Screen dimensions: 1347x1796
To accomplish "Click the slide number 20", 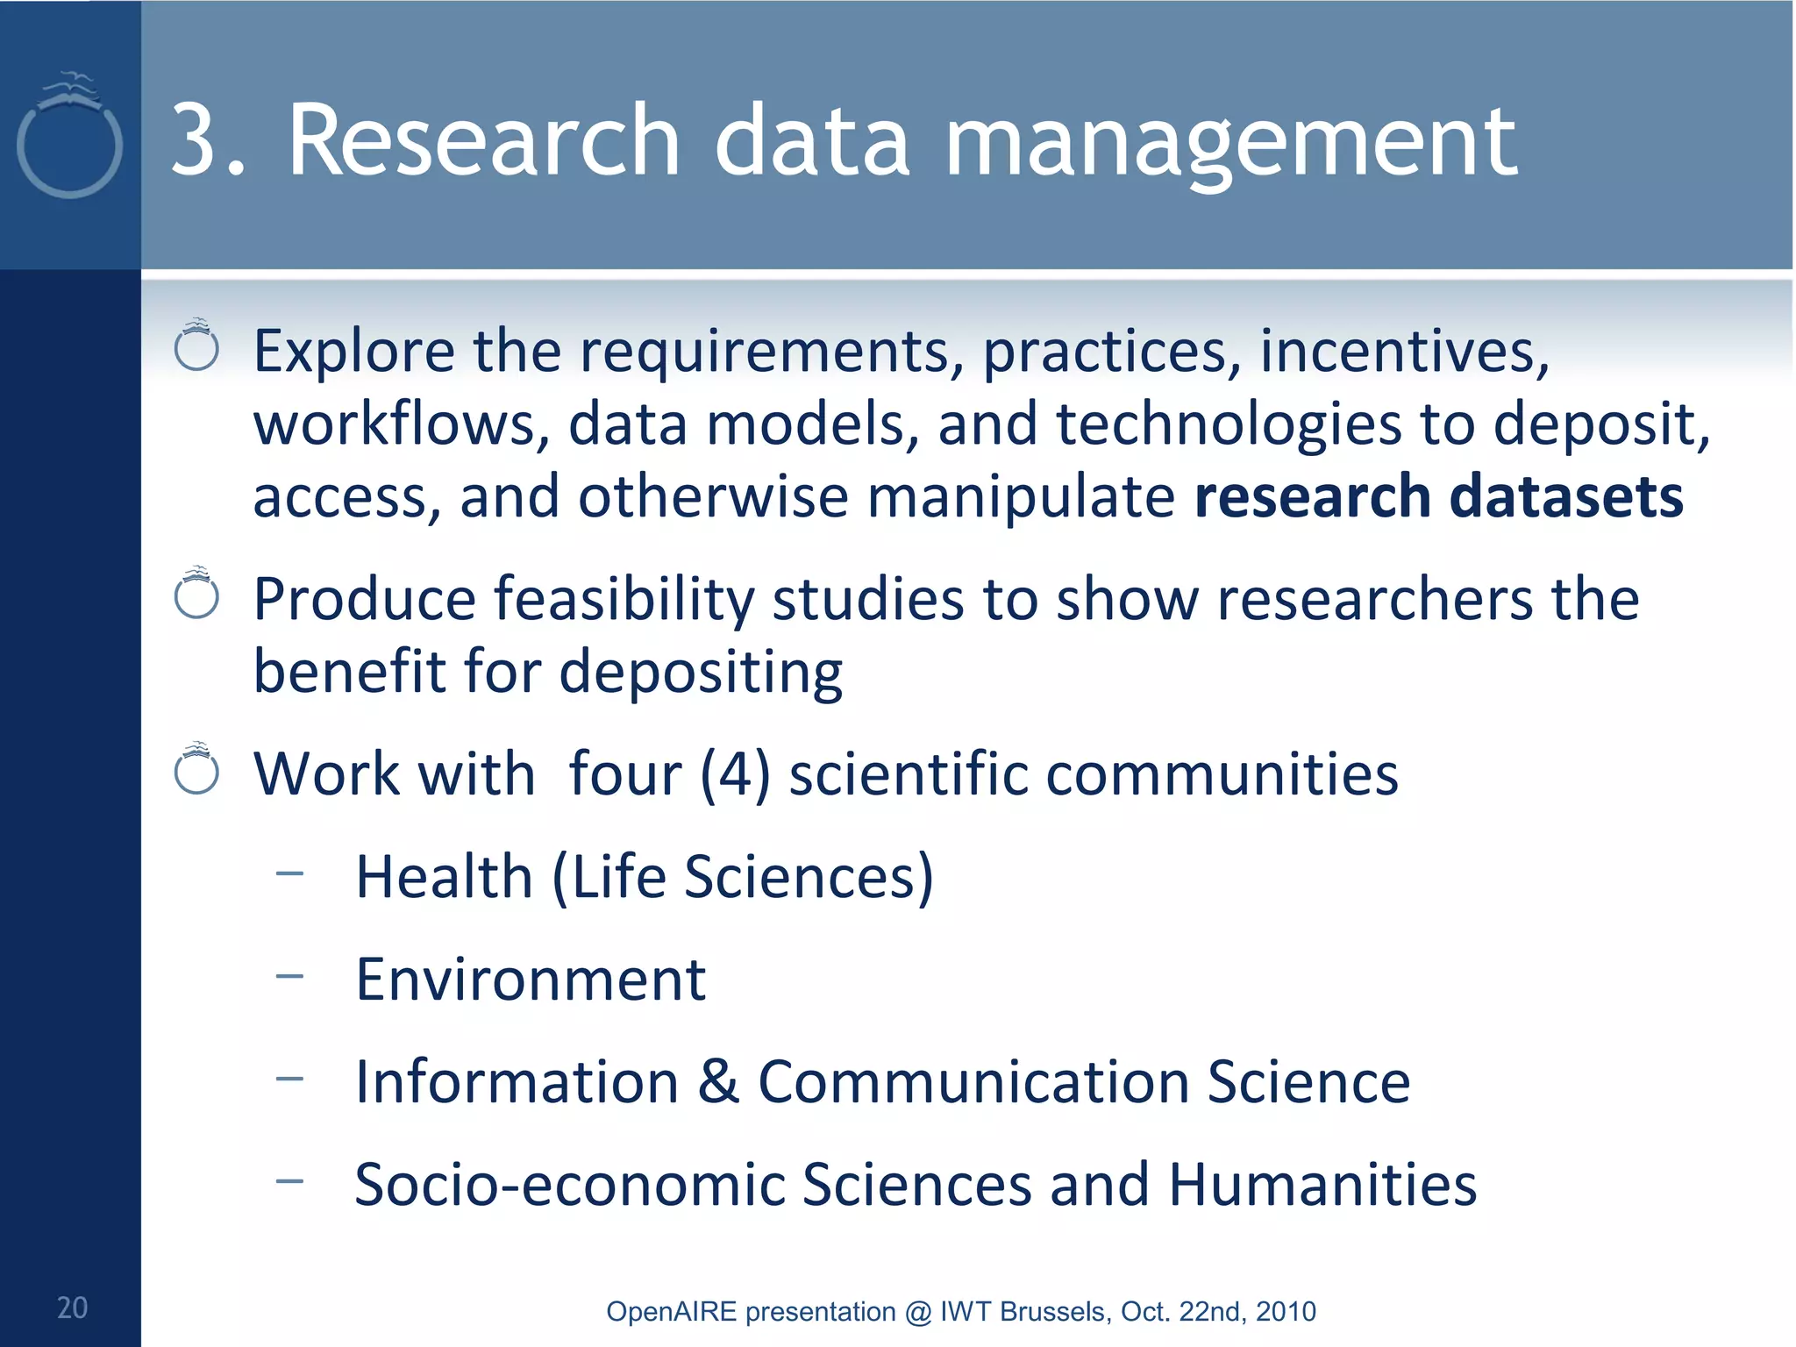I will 72,1308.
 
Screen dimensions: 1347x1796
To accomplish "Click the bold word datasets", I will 1566,496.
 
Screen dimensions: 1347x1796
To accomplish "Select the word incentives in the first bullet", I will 1404,352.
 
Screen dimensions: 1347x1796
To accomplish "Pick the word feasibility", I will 624,601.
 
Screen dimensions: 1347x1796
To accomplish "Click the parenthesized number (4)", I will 735,775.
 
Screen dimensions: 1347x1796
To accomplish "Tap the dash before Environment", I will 289,975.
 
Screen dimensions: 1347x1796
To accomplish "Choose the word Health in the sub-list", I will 444,877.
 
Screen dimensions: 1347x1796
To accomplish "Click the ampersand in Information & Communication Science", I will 718,1081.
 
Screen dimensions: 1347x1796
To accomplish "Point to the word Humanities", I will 1322,1185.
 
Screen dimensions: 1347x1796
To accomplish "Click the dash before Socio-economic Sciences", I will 289,1180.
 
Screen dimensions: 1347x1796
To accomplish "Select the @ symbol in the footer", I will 916,1312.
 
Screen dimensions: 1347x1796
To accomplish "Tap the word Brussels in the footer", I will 1055,1312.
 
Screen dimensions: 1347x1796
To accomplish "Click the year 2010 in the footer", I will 1286,1312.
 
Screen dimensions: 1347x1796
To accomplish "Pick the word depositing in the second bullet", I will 701,673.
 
